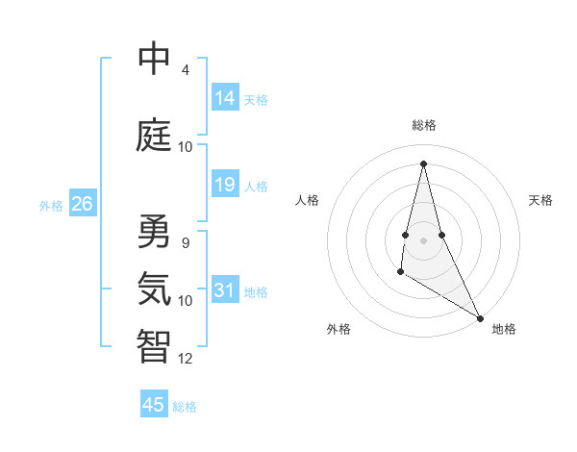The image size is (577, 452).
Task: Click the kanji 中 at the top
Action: tap(154, 59)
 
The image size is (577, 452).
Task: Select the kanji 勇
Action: tap(154, 232)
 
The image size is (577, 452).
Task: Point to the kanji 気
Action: tap(154, 289)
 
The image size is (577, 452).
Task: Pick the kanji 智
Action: tap(154, 346)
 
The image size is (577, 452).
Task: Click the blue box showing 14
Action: tap(225, 98)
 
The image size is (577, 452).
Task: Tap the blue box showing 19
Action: tap(225, 185)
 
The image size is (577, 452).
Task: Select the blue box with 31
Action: tap(225, 290)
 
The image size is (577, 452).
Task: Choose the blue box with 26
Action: tap(82, 204)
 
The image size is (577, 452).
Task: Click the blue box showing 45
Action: tap(154, 405)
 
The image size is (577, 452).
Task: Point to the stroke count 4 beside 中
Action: tap(186, 70)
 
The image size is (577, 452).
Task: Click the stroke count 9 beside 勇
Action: tap(186, 243)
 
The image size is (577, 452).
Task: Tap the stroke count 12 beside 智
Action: tap(186, 359)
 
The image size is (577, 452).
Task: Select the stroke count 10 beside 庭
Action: tap(186, 147)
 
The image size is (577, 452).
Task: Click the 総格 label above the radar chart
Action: tap(424, 125)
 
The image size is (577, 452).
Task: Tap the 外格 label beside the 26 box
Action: tap(50, 205)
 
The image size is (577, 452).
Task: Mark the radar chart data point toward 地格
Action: tap(480, 316)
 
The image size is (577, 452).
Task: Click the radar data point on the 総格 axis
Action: tap(424, 163)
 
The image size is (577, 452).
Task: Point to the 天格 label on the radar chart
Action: tap(540, 200)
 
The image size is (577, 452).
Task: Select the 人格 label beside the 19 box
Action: tap(256, 186)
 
